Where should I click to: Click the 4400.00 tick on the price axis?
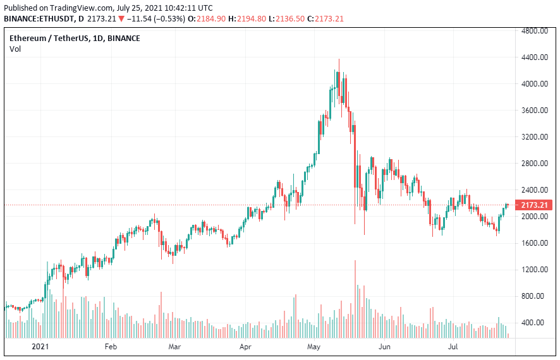click(x=534, y=57)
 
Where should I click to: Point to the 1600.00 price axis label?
click(x=534, y=243)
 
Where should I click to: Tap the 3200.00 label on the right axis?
click(x=534, y=136)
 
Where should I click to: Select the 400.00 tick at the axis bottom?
click(x=536, y=322)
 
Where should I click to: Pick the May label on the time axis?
click(x=314, y=347)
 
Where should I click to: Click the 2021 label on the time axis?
click(x=40, y=347)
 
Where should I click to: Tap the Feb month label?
click(x=111, y=347)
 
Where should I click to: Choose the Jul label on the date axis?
click(x=453, y=347)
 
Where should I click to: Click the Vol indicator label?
click(x=15, y=49)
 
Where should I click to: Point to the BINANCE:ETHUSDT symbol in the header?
click(x=39, y=19)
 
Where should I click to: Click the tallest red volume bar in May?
click(x=355, y=299)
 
